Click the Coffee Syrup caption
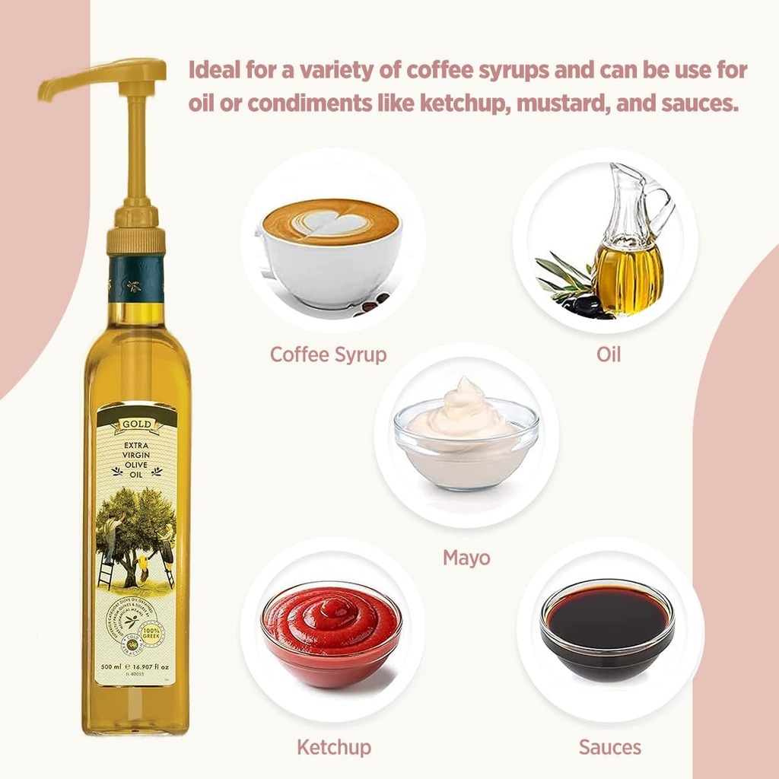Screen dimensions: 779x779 328,355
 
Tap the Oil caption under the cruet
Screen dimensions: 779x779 608,355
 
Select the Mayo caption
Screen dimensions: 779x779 466,558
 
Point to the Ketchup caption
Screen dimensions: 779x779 334,746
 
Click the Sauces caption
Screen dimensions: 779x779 609,746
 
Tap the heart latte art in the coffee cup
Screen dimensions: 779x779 329,222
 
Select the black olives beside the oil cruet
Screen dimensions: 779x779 584,305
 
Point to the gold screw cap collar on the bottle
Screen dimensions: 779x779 136,238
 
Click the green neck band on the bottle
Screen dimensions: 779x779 135,278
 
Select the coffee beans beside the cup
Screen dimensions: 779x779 372,305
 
